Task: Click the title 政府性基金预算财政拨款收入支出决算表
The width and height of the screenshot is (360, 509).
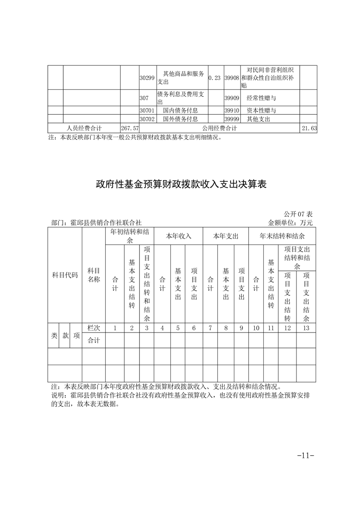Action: tap(180, 184)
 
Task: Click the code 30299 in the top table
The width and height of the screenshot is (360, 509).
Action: tap(147, 78)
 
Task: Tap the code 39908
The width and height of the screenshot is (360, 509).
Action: tap(232, 78)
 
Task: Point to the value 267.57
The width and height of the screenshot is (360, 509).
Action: tap(129, 128)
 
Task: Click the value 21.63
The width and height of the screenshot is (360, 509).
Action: tap(309, 128)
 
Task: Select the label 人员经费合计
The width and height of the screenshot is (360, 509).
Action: tap(84, 128)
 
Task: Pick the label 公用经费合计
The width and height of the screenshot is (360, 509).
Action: tap(220, 128)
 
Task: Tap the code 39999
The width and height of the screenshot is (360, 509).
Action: tap(232, 119)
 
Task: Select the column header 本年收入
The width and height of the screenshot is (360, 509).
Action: tap(178, 236)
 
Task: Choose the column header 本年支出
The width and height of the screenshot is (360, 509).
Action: tap(226, 236)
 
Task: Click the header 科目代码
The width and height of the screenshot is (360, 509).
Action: tap(65, 275)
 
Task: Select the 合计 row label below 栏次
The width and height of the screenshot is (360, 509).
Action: tap(94, 340)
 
